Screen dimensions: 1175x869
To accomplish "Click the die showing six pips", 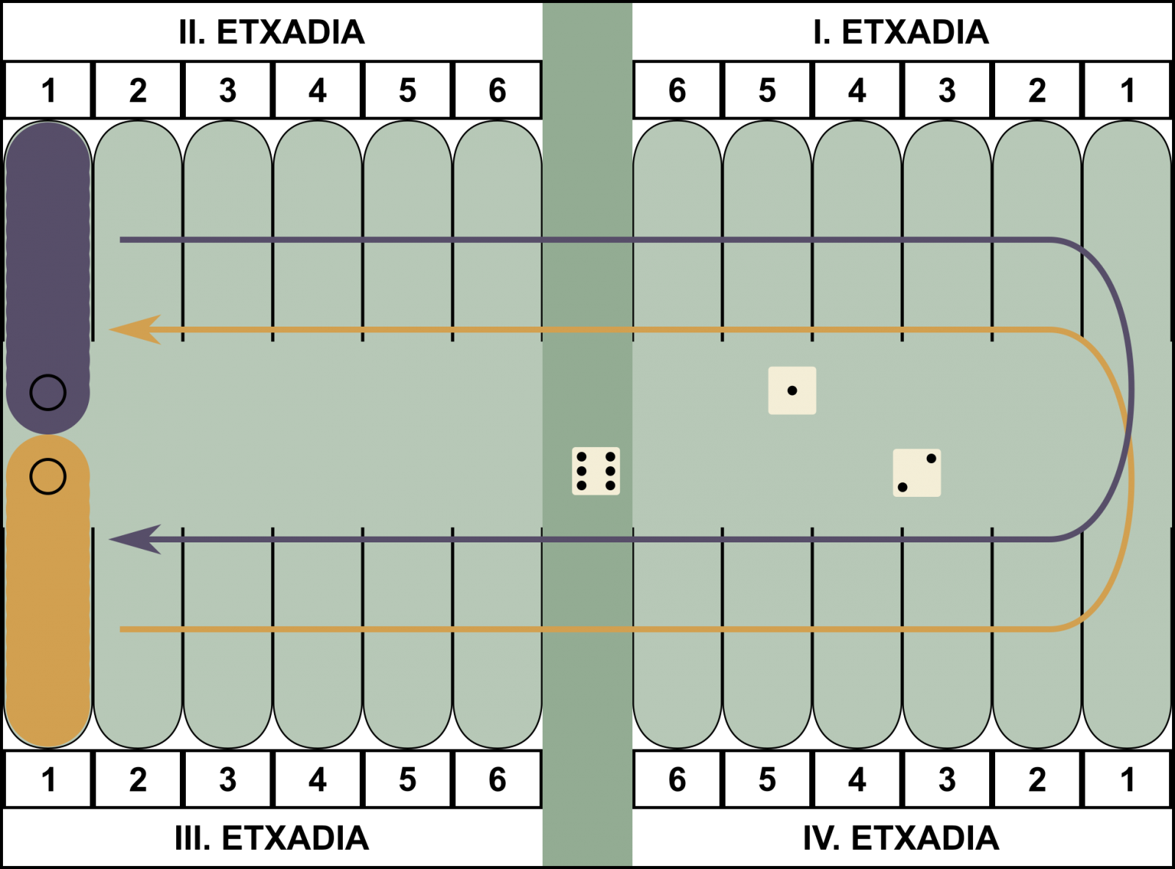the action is (x=596, y=471).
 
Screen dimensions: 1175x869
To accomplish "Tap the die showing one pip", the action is (x=792, y=390).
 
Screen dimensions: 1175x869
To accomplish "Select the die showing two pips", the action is (x=916, y=473).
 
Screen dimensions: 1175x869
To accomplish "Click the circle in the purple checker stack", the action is (x=48, y=393).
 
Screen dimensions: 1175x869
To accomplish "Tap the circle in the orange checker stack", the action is (x=48, y=476).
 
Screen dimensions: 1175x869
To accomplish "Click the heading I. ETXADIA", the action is (x=900, y=32).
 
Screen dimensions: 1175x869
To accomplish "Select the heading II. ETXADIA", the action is (x=272, y=32).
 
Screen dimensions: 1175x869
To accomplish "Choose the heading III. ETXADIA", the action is (x=272, y=838).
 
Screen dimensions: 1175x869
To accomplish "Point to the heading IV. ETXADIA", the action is (x=900, y=838).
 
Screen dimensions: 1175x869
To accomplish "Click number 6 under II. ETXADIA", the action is (x=497, y=90).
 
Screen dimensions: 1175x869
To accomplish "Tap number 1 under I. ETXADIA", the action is (x=1127, y=90).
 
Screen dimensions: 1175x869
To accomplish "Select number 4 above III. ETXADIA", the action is (x=317, y=779).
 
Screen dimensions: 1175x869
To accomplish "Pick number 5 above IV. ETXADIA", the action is (x=767, y=779).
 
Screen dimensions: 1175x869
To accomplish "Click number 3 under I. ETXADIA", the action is (x=947, y=90).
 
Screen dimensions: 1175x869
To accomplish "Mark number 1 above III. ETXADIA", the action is (x=48, y=779).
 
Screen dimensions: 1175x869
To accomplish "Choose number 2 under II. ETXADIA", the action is (x=138, y=90).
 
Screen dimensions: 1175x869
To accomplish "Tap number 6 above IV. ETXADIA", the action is (x=677, y=779).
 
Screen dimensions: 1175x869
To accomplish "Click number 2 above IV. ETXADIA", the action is (x=1037, y=779).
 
